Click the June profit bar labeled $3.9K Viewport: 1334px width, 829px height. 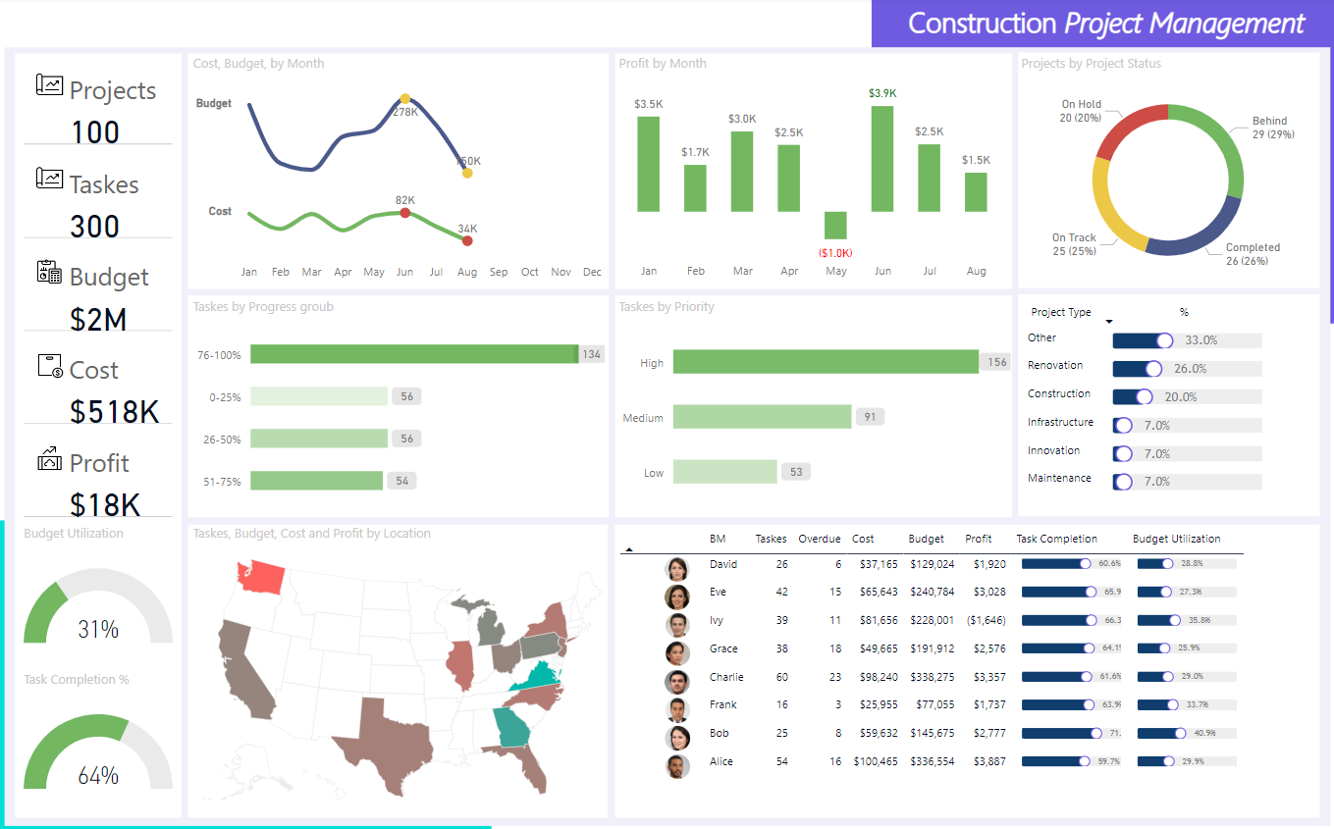pyautogui.click(x=882, y=158)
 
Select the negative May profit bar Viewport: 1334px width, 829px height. pyautogui.click(x=835, y=225)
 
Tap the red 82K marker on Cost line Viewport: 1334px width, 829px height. pyautogui.click(x=404, y=212)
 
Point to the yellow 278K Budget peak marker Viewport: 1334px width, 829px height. pyautogui.click(x=405, y=99)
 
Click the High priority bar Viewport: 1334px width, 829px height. pyautogui.click(x=826, y=362)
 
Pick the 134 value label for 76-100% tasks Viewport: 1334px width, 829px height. pyautogui.click(x=591, y=354)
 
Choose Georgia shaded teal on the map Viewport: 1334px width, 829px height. pyautogui.click(x=510, y=727)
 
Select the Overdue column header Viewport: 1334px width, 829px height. pyautogui.click(x=820, y=539)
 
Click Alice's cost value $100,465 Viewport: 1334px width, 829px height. pyautogui.click(x=875, y=761)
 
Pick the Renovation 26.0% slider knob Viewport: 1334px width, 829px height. pyautogui.click(x=1153, y=369)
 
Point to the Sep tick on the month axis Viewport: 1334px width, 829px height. pyautogui.click(x=499, y=272)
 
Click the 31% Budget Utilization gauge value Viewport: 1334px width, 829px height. pyautogui.click(x=98, y=629)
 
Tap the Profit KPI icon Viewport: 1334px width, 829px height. pyautogui.click(x=49, y=458)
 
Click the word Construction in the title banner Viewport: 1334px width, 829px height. pyautogui.click(x=982, y=24)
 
